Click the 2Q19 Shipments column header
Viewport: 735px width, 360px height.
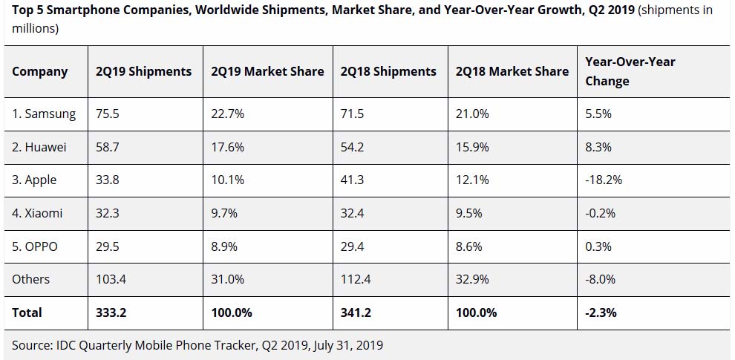143,72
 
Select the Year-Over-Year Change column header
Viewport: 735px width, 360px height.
630,71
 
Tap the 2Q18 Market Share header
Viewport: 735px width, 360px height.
512,72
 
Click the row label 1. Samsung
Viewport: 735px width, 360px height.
44,114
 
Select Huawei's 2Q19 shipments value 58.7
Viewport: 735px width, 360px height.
108,147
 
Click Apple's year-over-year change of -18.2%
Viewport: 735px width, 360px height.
604,180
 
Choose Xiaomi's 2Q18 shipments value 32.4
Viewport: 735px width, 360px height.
354,214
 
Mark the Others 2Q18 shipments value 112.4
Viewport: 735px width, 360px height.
358,279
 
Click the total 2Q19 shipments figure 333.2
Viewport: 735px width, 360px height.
111,312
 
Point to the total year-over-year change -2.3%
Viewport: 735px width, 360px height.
601,312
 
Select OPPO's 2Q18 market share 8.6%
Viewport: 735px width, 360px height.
469,246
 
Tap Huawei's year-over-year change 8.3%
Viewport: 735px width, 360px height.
598,147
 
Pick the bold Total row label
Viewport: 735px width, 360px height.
27,312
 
